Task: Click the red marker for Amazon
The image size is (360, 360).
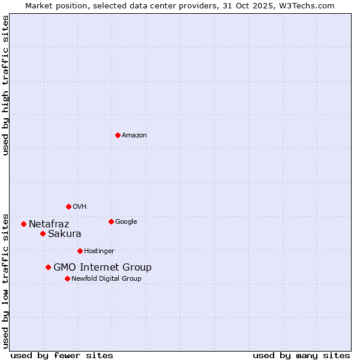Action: (118, 135)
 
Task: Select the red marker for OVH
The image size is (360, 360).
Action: (68, 206)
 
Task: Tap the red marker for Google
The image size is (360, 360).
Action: (111, 221)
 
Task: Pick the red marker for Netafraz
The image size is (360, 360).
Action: (23, 224)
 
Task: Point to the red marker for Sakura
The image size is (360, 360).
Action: (43, 233)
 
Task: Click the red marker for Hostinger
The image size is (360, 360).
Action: (80, 251)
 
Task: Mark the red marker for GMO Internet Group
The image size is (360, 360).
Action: (48, 267)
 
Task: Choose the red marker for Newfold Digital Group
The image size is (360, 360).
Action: (67, 278)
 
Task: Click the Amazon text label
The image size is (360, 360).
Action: (134, 136)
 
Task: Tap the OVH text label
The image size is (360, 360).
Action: (80, 207)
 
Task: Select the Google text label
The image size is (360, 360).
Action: (126, 222)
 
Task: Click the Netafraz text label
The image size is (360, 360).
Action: (49, 224)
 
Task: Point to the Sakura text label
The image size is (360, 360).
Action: (65, 234)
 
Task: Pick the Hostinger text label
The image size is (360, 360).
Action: (99, 251)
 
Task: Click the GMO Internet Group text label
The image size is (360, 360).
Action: (103, 268)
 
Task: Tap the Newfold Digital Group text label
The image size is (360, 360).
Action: (106, 279)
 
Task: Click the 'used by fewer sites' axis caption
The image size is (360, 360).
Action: (62, 355)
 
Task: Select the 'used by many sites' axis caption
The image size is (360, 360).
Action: (301, 355)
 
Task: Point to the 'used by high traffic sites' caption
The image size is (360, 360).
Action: (6, 85)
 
